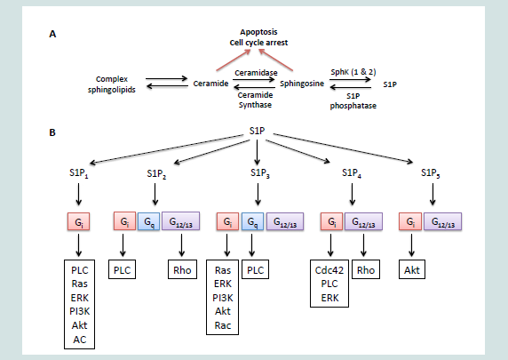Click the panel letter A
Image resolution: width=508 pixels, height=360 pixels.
tap(52, 34)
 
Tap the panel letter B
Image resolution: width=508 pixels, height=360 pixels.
tap(52, 132)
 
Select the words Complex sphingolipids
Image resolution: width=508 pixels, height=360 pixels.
tap(112, 84)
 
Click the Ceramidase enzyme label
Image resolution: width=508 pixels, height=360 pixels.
tap(256, 73)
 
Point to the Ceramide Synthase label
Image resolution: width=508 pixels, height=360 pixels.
tap(255, 100)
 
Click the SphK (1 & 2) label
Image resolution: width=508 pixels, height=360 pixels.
tap(353, 72)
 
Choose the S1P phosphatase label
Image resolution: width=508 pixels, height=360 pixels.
tap(353, 100)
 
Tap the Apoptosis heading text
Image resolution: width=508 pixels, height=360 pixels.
tap(258, 32)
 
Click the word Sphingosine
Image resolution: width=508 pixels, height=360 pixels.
tap(302, 84)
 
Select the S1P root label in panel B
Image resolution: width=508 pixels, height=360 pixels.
tap(258, 131)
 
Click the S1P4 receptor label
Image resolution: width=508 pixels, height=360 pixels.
tap(352, 172)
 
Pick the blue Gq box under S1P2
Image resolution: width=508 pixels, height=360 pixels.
tap(148, 221)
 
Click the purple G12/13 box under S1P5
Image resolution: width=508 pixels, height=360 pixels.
tap(443, 221)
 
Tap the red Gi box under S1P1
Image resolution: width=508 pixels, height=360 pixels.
tap(79, 221)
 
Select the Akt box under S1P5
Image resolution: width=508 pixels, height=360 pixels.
tap(412, 269)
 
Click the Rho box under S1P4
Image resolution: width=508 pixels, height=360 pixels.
tap(366, 269)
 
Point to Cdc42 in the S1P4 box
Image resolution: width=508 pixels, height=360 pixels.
tap(329, 270)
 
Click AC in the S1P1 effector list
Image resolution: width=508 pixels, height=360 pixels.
tap(79, 340)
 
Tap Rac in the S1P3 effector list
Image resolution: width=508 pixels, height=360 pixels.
tap(223, 325)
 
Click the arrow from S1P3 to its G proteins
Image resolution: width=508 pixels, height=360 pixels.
tap(258, 195)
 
